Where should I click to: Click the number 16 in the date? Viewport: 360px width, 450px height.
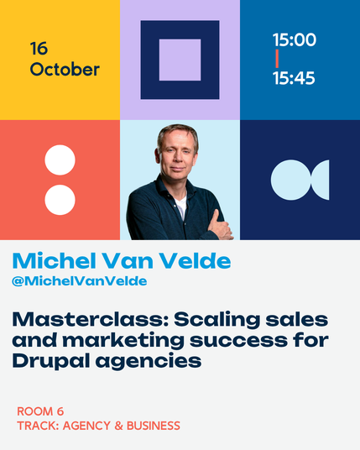point(39,49)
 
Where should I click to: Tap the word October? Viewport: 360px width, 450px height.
point(65,70)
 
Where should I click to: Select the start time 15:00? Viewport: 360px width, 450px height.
point(295,39)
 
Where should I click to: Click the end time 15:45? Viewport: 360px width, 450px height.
point(294,78)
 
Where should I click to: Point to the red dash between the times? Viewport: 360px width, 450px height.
point(277,59)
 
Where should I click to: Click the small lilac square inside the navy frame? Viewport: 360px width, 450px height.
point(180,60)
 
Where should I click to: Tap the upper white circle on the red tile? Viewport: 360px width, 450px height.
point(60,160)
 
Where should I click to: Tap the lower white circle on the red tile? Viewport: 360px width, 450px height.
point(60,200)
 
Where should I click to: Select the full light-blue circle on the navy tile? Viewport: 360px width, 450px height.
point(290,180)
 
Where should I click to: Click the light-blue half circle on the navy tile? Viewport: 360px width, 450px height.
point(322,180)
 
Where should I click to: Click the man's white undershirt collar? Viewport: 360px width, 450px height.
point(181,206)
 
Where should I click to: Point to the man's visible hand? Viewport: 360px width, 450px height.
point(220,227)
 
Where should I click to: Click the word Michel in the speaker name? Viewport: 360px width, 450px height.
point(55,261)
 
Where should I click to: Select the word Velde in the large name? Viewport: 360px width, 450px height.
point(195,261)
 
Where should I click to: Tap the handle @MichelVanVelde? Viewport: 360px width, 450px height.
point(80,281)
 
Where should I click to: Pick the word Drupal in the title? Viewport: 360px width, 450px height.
point(51,361)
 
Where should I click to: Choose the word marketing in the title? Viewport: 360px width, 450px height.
point(123,341)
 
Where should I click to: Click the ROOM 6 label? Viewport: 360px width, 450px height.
point(40,411)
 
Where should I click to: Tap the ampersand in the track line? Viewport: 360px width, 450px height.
point(118,426)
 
